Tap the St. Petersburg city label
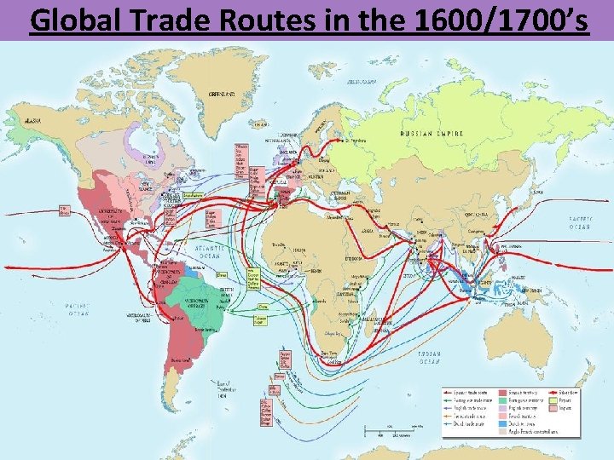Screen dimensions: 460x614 [x=351, y=140]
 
